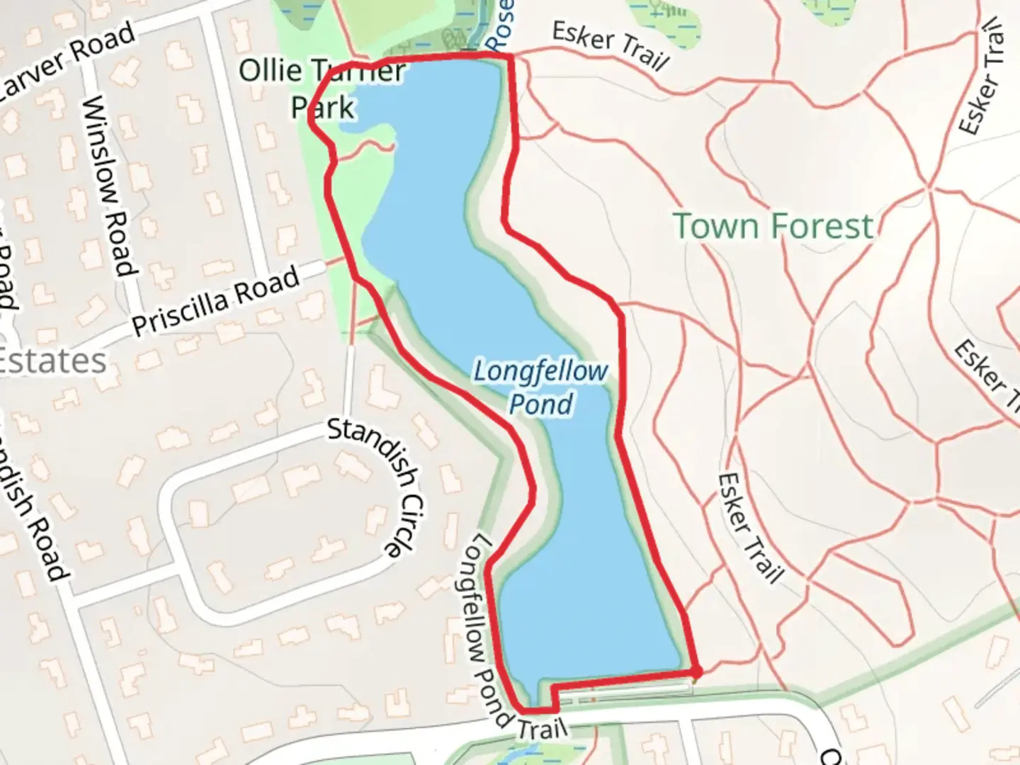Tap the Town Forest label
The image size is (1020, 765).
[x=773, y=226]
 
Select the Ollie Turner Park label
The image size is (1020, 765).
[x=322, y=89]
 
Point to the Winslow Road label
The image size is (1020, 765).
[x=108, y=186]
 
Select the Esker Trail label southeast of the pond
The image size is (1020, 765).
[x=749, y=528]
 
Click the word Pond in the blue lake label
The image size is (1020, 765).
[x=541, y=404]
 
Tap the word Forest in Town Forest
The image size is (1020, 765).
[x=822, y=226]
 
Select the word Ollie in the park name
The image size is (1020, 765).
[x=270, y=70]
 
